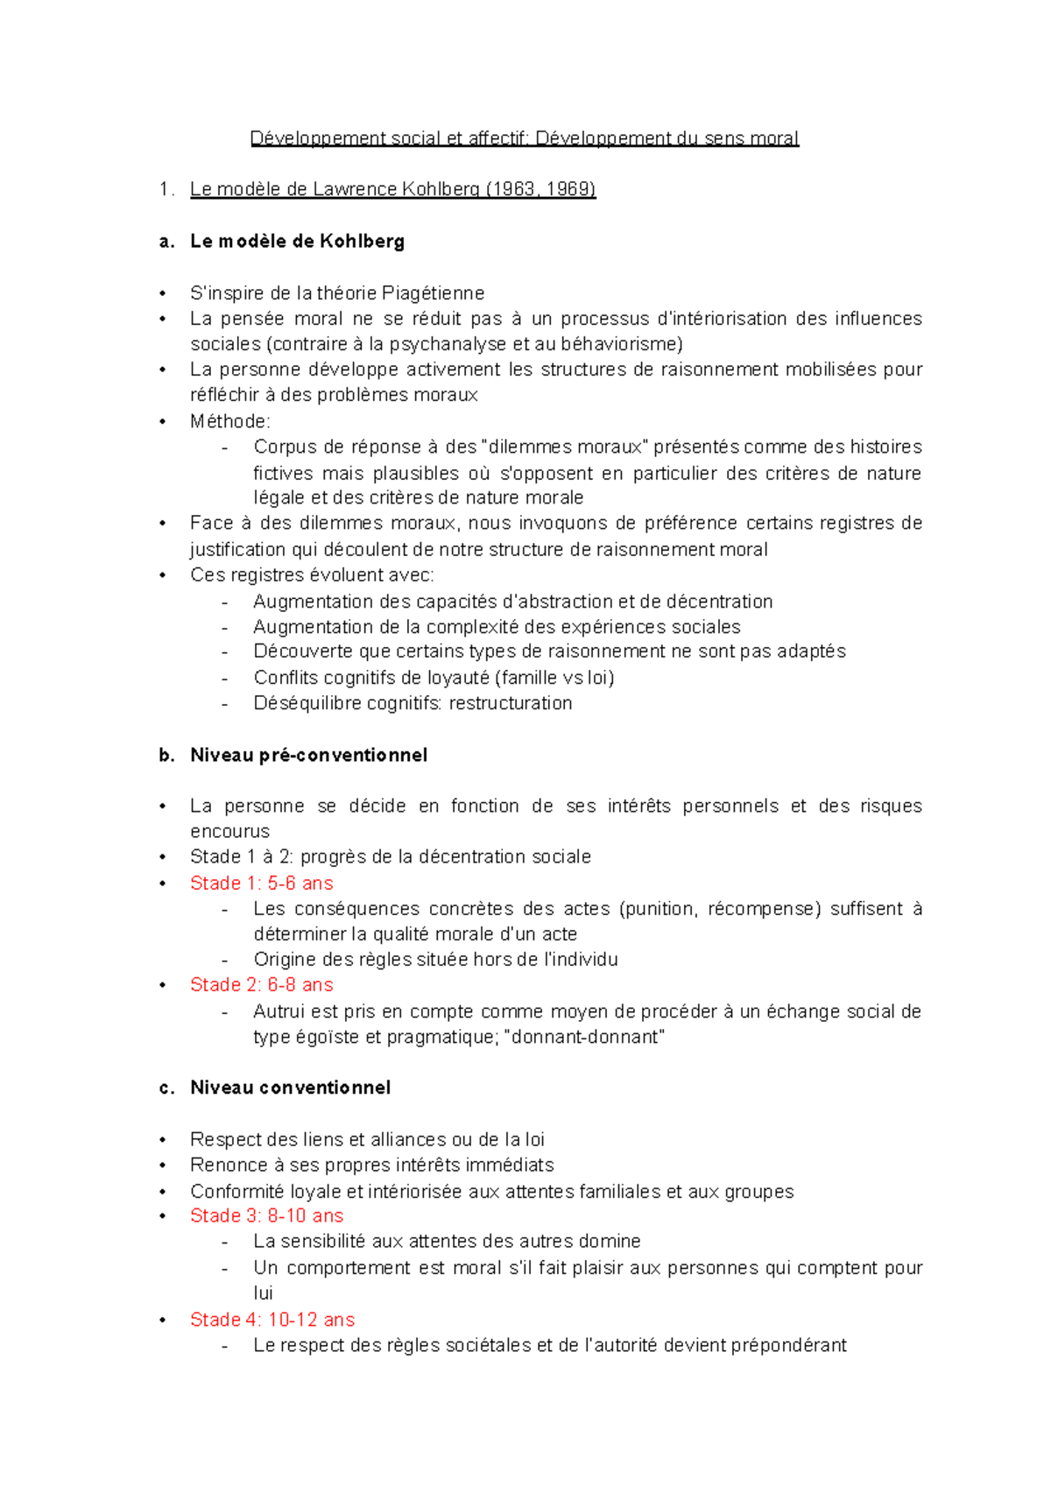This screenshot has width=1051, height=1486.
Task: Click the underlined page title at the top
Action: pos(524,138)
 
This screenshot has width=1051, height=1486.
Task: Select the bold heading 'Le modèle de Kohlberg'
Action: pos(297,241)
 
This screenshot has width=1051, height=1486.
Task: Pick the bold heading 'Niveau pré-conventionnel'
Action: pos(308,755)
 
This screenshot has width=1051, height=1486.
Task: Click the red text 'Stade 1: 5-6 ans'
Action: pos(261,883)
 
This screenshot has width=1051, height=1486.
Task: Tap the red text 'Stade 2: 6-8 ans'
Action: pos(261,985)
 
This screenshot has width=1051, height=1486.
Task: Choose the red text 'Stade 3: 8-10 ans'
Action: pos(266,1215)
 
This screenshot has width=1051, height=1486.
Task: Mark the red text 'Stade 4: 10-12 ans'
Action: pos(272,1320)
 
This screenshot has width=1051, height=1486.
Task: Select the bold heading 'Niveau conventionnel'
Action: pos(290,1088)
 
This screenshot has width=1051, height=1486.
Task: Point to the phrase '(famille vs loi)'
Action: pos(554,678)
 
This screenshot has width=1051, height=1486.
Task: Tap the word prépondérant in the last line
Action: pos(791,1345)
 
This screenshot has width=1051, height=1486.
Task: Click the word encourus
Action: pos(229,831)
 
